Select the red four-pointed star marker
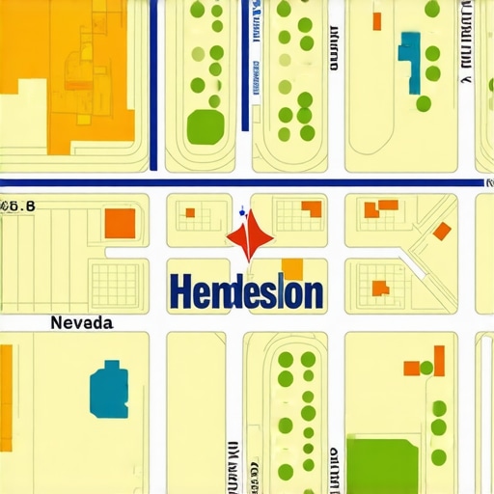point(248,237)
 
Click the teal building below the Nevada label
point(109,391)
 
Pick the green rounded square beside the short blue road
point(205,125)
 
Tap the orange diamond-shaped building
point(442,231)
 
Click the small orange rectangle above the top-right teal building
point(376,20)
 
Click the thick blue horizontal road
point(241,181)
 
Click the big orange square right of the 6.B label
point(120,222)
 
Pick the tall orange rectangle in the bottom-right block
point(439,360)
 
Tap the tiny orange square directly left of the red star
point(190,212)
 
